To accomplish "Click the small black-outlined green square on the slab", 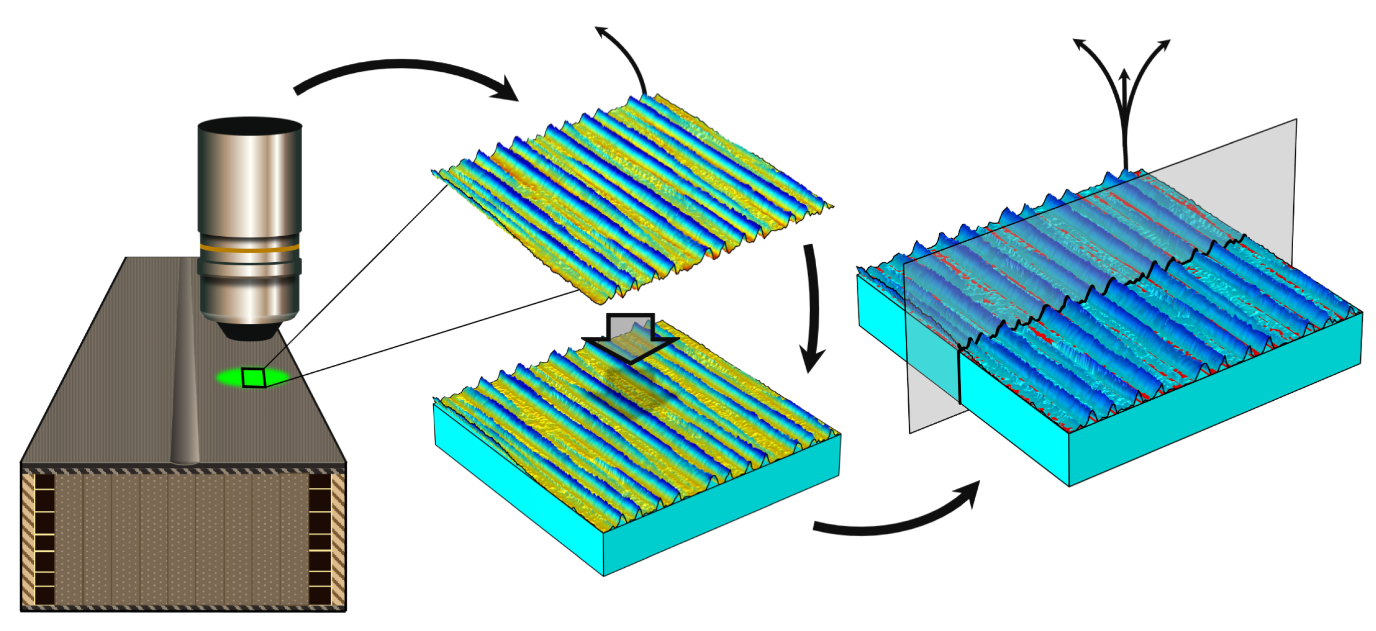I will [254, 377].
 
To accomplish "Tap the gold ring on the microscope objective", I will [250, 248].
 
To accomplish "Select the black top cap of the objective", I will [250, 126].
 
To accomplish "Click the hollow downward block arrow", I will [630, 336].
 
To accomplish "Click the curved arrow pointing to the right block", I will [897, 520].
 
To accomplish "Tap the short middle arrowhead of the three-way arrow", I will [1124, 75].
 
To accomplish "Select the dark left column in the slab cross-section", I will [45, 539].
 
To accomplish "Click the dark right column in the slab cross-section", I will [320, 539].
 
